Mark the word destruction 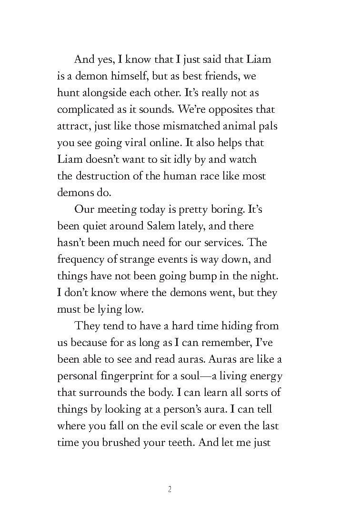[101, 176]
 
